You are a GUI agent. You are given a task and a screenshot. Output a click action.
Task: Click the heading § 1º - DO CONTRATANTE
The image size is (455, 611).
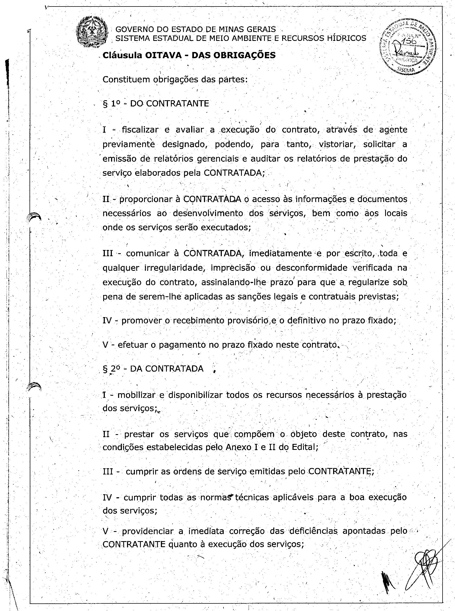tap(156, 104)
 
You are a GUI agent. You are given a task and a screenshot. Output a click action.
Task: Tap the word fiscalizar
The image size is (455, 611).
tap(140, 129)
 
